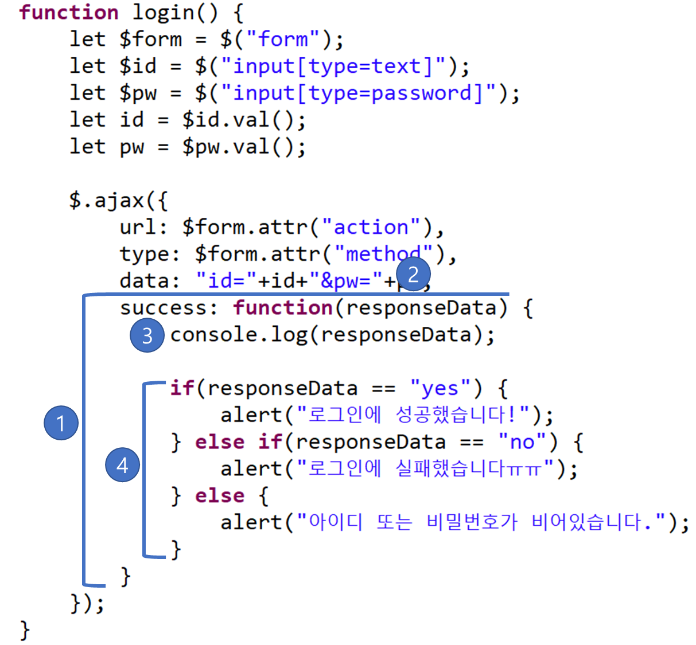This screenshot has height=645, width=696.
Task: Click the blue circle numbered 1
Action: pyautogui.click(x=61, y=423)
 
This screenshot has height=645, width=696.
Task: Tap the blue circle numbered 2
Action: pyautogui.click(x=413, y=275)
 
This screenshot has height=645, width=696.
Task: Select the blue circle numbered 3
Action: pyautogui.click(x=147, y=335)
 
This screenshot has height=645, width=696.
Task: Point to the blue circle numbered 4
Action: pyautogui.click(x=122, y=465)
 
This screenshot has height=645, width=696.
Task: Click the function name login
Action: pyautogui.click(x=163, y=13)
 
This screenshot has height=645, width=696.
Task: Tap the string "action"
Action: pyautogui.click(x=371, y=228)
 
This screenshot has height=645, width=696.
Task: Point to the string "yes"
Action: pyautogui.click(x=440, y=389)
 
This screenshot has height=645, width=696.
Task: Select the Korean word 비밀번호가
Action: pyautogui.click(x=472, y=522)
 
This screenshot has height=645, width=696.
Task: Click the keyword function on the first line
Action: pyautogui.click(x=69, y=13)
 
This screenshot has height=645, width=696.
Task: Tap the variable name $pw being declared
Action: pyautogui.click(x=138, y=93)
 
